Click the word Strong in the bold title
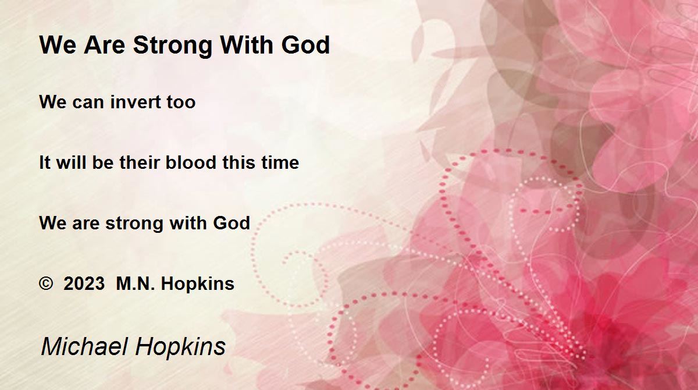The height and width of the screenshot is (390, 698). point(173,46)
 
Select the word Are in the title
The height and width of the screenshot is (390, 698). point(104,45)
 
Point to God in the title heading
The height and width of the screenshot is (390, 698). point(305,45)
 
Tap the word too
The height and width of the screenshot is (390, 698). point(181,102)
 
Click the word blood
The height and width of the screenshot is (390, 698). point(191,162)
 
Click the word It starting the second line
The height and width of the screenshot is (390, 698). point(45,162)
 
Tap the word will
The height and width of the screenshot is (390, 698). point(71,162)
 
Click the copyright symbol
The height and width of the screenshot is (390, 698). point(46,283)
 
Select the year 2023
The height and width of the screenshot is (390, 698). point(84,283)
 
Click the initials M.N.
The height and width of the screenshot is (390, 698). point(135,283)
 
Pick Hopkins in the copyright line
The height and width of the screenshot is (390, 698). point(198,285)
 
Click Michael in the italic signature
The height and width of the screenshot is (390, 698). point(85,346)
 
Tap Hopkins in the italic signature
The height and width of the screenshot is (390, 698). point(180,348)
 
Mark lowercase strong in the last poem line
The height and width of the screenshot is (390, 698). point(134,224)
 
